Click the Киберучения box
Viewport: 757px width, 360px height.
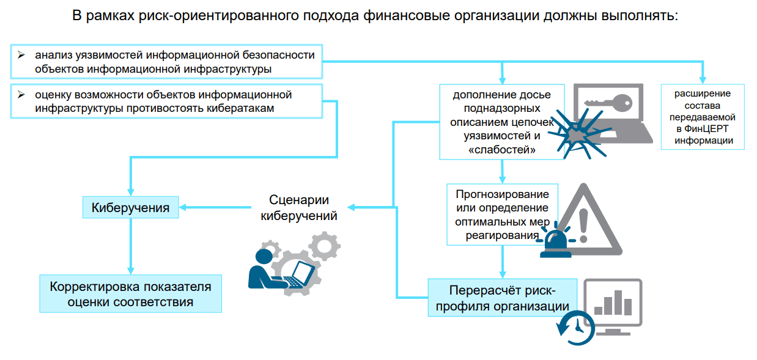click(x=130, y=207)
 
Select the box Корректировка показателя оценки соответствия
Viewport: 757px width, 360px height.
click(x=130, y=294)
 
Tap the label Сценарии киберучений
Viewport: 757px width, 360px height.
click(x=299, y=208)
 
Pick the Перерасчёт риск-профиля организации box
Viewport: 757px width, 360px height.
click(x=503, y=298)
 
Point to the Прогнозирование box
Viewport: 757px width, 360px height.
click(x=502, y=215)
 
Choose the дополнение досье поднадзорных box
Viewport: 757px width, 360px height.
click(x=501, y=122)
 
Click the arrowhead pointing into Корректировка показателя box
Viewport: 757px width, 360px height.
click(x=130, y=270)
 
